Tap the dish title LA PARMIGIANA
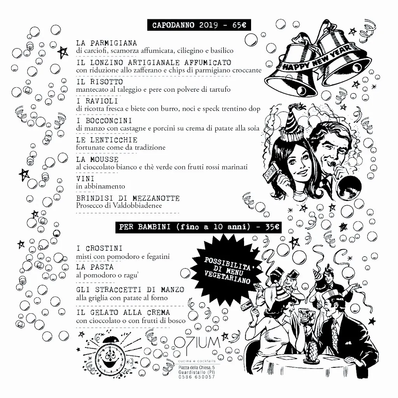point(106,43)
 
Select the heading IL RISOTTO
point(99,82)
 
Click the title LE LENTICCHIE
point(106,140)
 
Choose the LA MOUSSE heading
point(97,159)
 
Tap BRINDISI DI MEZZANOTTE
point(128,198)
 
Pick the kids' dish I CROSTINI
point(99,248)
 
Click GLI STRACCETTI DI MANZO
point(130,290)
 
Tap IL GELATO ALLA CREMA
point(123,312)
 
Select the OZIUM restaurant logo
point(202,344)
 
